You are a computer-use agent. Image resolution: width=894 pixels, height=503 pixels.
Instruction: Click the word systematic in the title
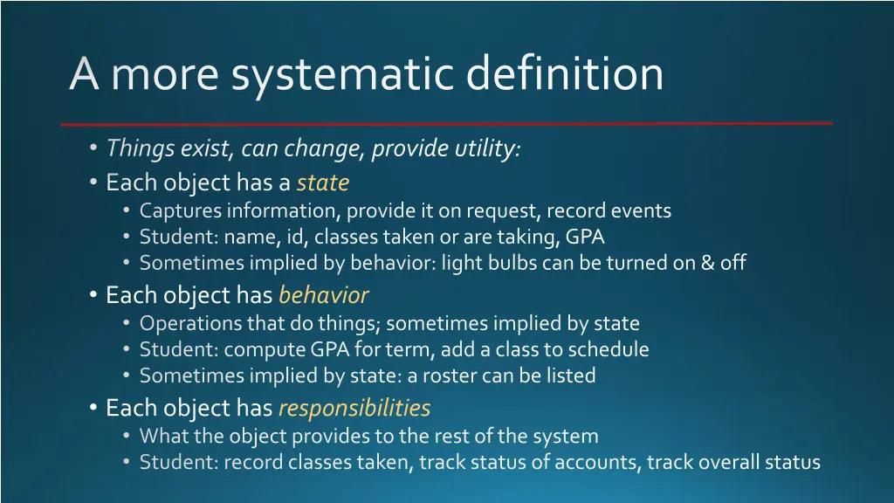coord(344,73)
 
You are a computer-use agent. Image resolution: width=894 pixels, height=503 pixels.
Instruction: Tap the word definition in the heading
coord(564,73)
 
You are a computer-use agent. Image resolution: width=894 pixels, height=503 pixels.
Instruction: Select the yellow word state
coord(322,183)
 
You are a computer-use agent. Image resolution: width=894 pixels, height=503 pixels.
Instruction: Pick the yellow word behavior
coord(323,296)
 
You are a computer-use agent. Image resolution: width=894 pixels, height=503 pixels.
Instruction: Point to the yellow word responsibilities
coord(354,408)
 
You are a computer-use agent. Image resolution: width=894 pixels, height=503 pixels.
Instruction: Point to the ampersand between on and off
coord(706,263)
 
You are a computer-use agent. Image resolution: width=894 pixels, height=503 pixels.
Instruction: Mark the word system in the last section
coord(567,436)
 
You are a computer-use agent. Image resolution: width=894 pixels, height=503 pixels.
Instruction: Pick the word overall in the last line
coord(724,463)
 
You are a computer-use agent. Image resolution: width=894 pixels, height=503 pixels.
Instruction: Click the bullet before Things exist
coord(93,149)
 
